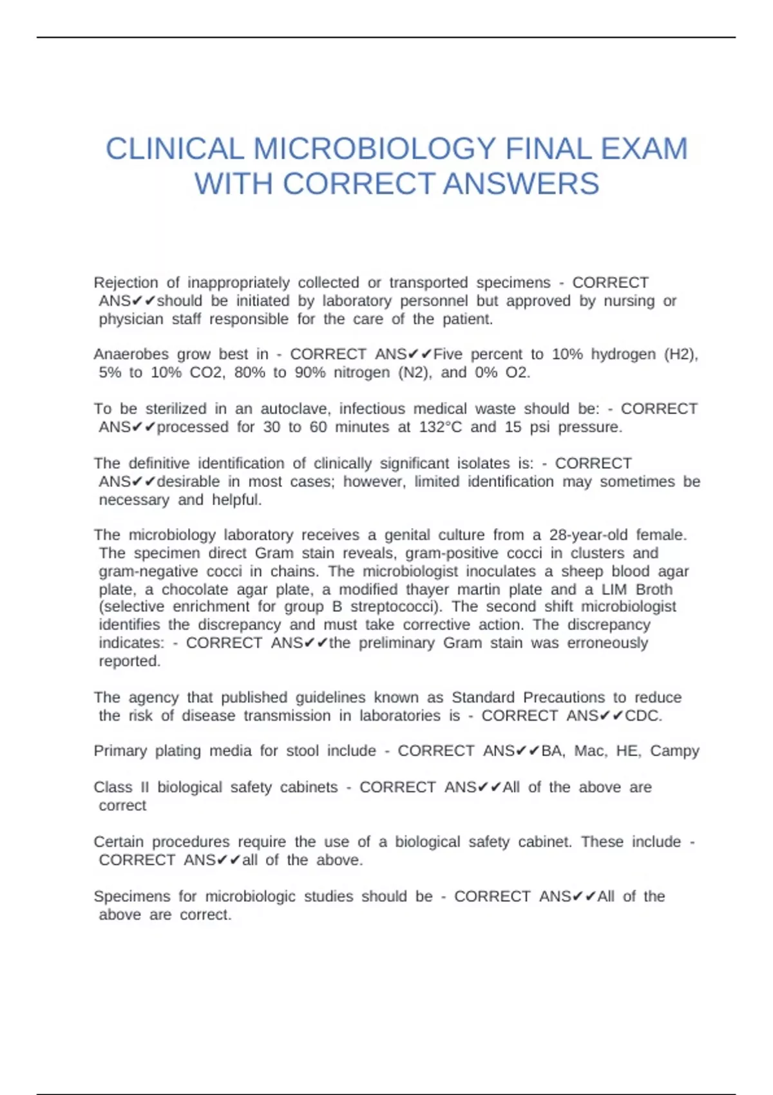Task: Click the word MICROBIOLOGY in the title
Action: click(x=374, y=149)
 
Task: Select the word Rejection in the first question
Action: click(x=126, y=283)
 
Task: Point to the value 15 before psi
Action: click(x=513, y=427)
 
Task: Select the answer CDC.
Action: click(x=644, y=716)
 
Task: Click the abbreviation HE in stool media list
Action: click(x=627, y=751)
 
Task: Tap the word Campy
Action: click(x=674, y=751)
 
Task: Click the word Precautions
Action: click(x=564, y=698)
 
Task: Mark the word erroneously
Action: click(x=607, y=643)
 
